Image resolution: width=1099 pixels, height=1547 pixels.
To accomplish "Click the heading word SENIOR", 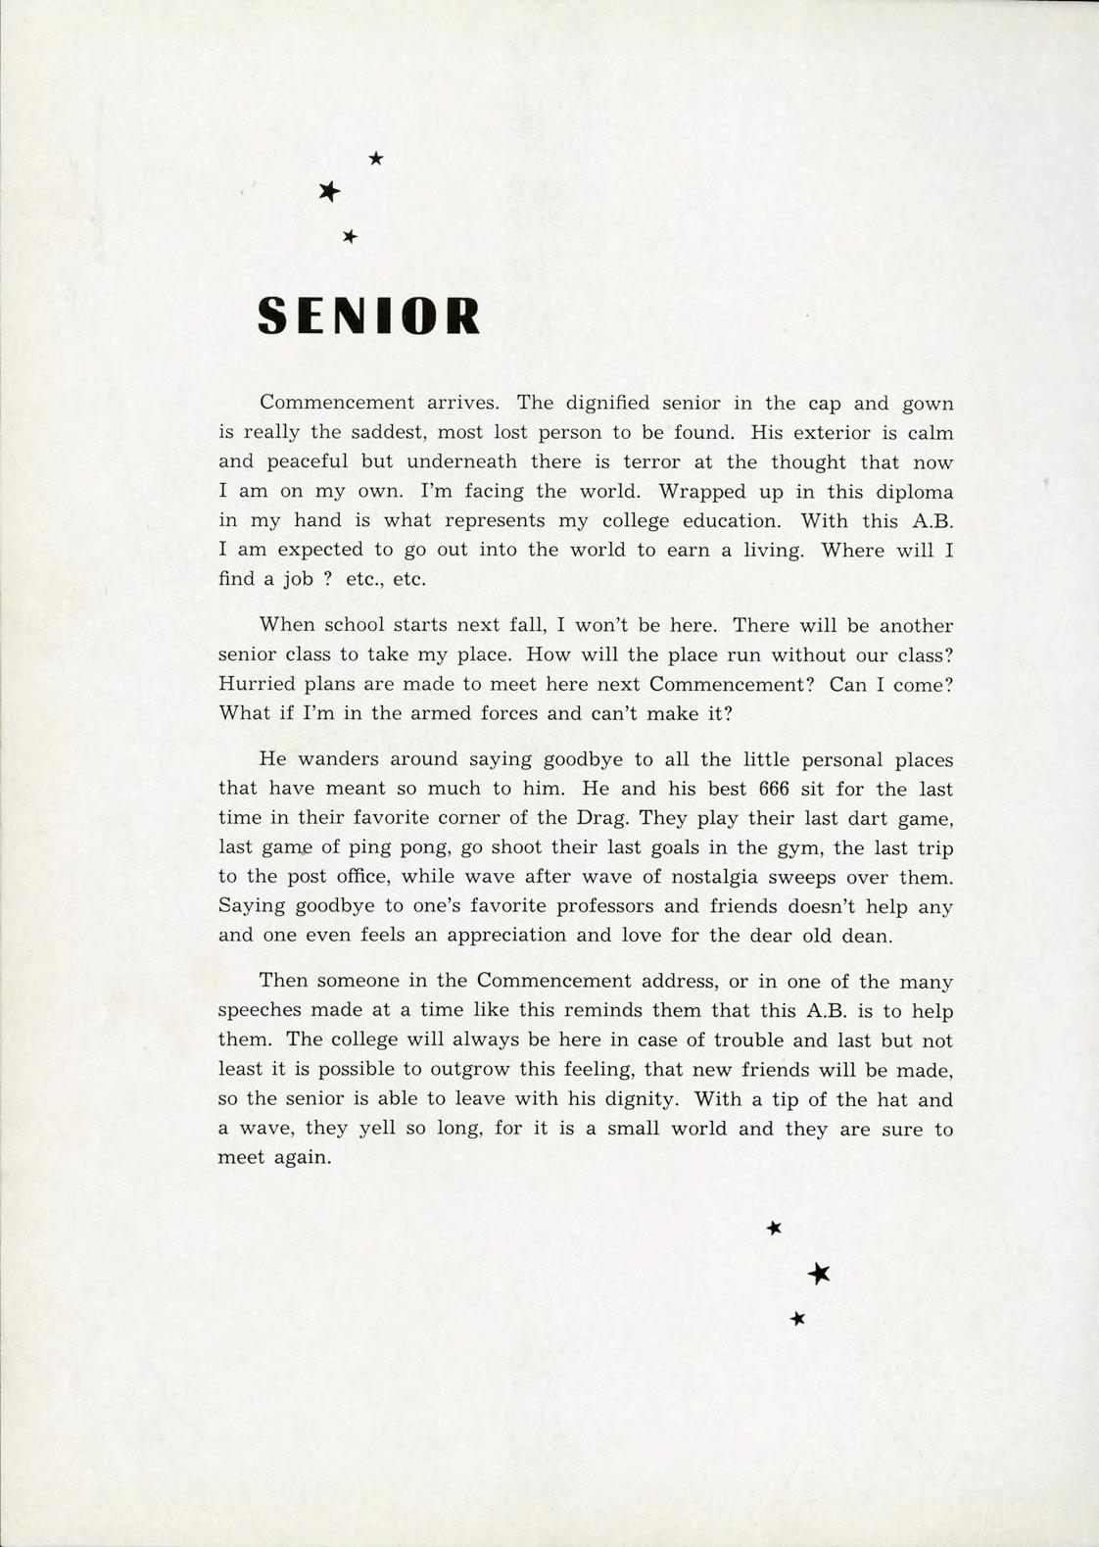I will pos(368,315).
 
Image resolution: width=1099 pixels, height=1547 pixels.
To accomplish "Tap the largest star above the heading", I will pos(329,192).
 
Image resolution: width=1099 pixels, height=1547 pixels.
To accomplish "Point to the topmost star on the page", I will pos(375,157).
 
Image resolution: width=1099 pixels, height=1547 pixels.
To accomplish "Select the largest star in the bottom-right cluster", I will pos(820,1273).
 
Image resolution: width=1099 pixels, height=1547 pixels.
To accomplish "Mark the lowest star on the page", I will pos(797,1319).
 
